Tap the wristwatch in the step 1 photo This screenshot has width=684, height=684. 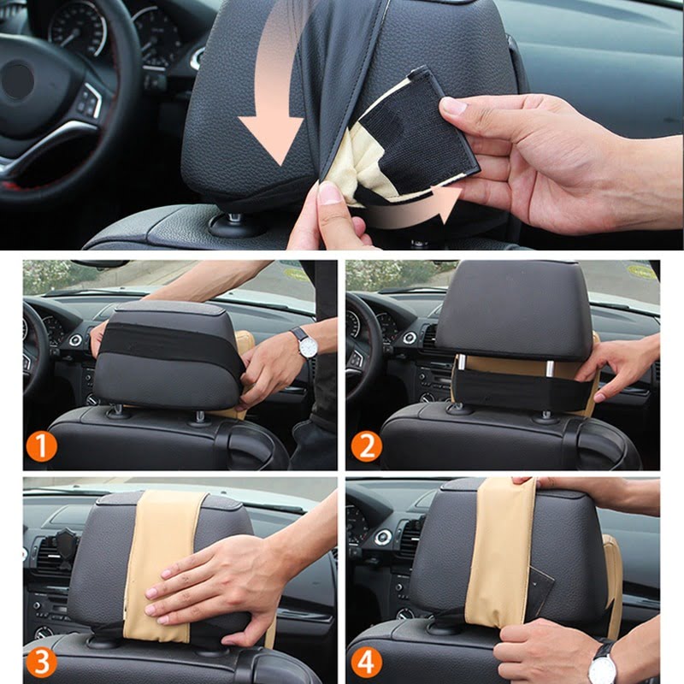pos(304,341)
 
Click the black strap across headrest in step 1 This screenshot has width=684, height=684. pos(162,342)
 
